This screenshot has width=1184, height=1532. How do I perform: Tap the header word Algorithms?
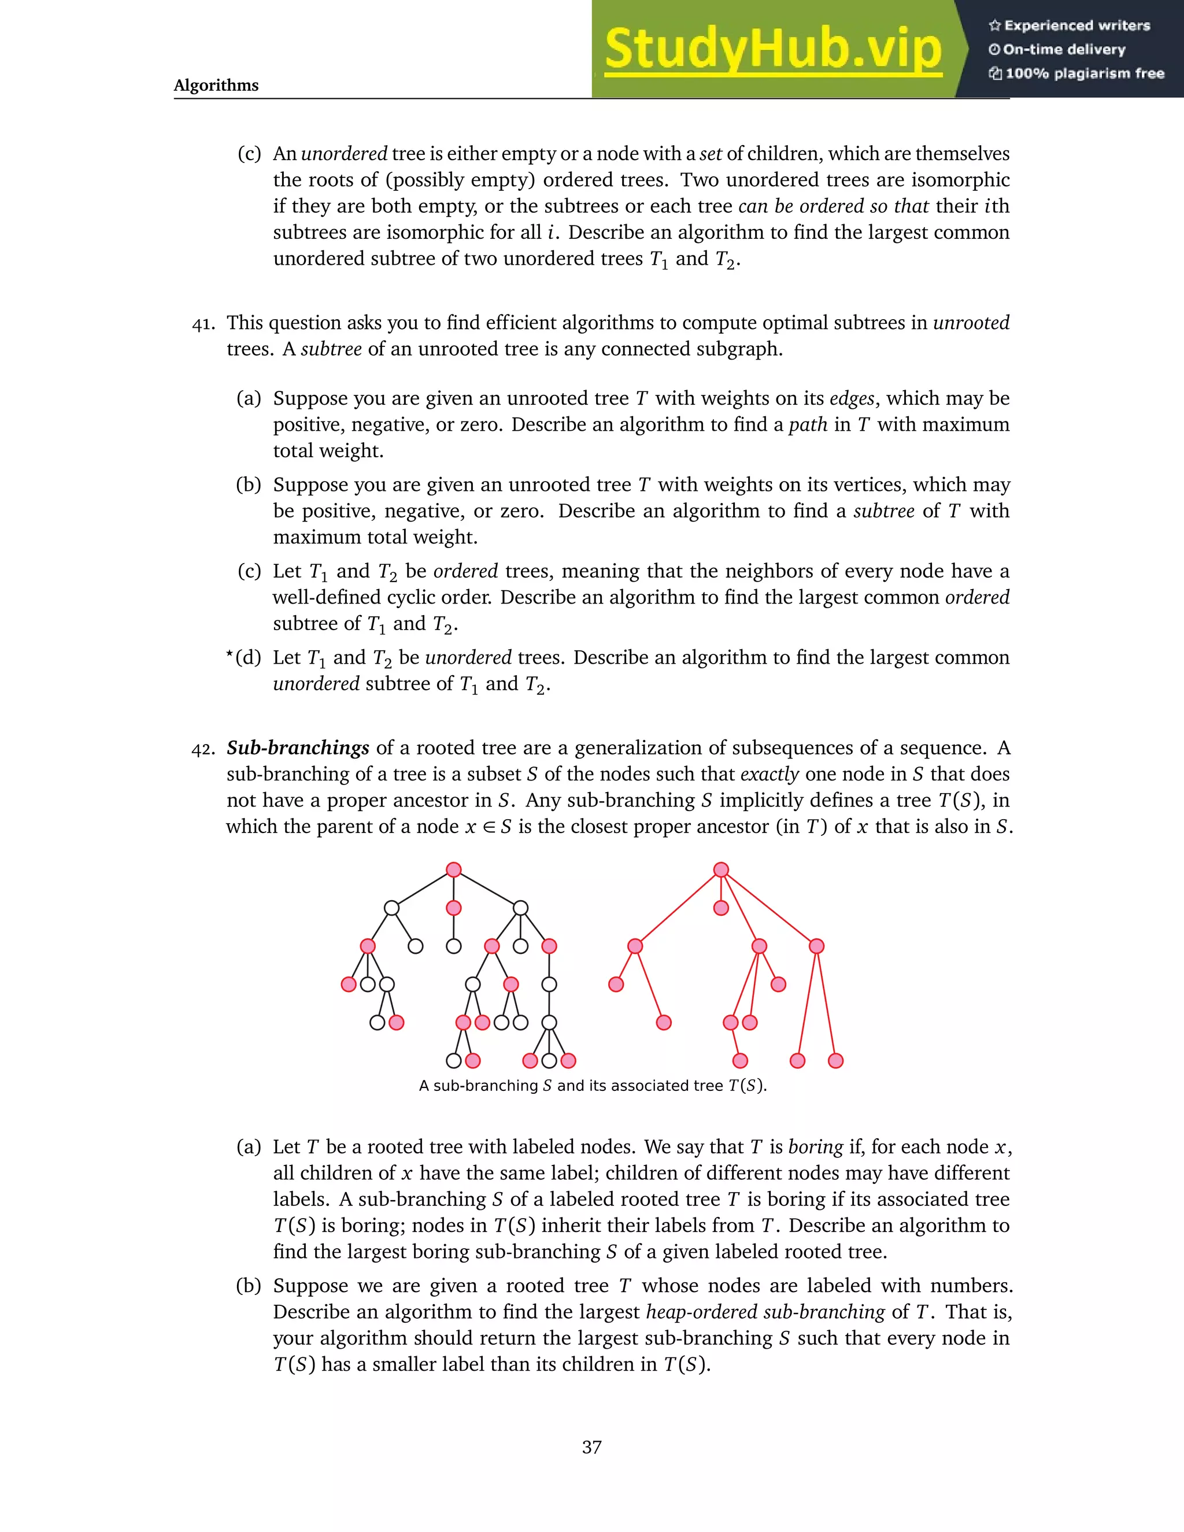pos(216,86)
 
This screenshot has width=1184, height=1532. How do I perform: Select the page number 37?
pos(591,1446)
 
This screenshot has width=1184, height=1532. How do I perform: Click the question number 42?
pos(203,749)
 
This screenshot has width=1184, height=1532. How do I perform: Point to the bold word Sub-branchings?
pos(297,748)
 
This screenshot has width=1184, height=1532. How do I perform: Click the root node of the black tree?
pos(454,870)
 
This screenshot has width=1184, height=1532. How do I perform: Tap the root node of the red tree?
pos(721,870)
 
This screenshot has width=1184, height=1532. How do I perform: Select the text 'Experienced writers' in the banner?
pos(1076,26)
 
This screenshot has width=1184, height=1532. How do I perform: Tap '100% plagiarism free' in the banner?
pos(1084,73)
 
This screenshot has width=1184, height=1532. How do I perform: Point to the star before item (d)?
pos(230,654)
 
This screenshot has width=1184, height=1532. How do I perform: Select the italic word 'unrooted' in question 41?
pos(971,323)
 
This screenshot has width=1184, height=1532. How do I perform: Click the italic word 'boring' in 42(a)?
pos(815,1147)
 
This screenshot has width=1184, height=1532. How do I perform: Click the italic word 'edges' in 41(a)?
pos(852,398)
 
